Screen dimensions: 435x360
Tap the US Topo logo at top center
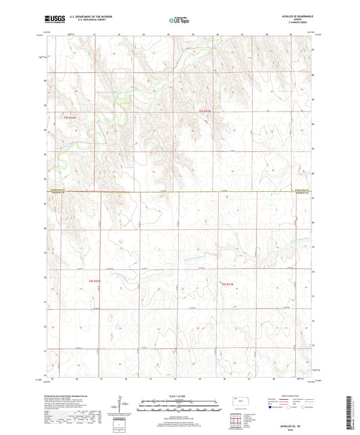[179, 21]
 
